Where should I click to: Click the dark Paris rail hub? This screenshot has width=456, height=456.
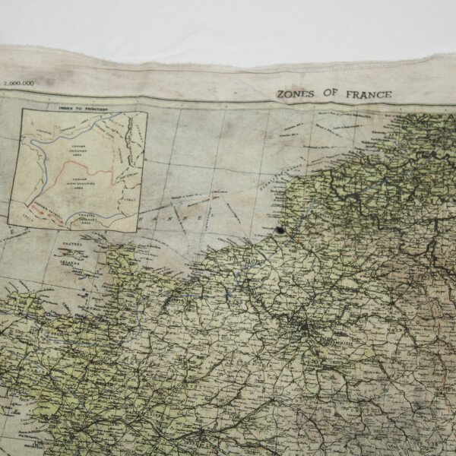(304, 328)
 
